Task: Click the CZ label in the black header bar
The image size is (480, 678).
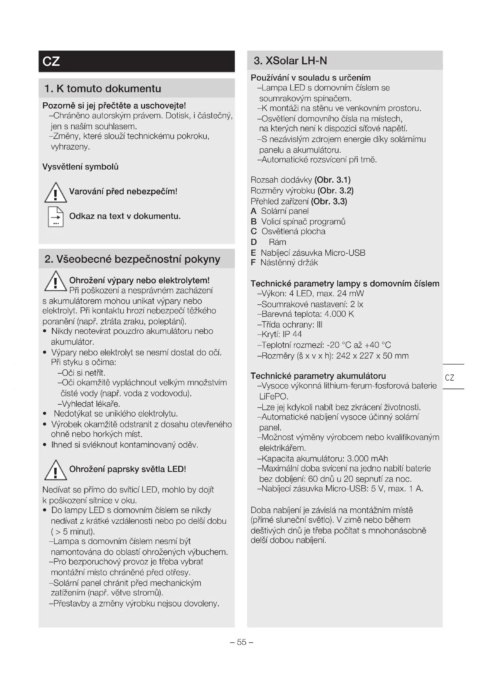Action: (x=51, y=61)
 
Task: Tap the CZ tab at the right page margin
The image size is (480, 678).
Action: (x=449, y=377)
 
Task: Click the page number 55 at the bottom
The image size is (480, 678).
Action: (x=241, y=642)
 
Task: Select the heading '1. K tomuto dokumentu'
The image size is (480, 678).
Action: (x=102, y=89)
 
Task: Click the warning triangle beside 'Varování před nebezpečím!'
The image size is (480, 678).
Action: (x=55, y=193)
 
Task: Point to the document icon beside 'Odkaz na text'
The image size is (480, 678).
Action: (x=55, y=217)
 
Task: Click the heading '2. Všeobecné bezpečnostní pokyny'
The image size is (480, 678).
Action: (x=132, y=259)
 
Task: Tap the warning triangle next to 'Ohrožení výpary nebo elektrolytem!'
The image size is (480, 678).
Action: (x=55, y=281)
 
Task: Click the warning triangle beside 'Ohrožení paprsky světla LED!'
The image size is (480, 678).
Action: (x=55, y=470)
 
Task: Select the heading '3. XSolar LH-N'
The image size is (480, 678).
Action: (x=290, y=61)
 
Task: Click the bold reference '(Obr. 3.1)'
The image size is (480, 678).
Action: (x=333, y=180)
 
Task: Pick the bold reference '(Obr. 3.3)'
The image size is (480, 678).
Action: (x=329, y=201)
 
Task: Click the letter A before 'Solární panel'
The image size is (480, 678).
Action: (x=253, y=211)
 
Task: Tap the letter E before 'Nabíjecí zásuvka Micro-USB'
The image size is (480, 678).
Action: (x=253, y=253)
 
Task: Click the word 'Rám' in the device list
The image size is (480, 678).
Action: (x=277, y=242)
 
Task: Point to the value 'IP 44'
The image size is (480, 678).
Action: (x=292, y=334)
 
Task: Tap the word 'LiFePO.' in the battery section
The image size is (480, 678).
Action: (x=274, y=396)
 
